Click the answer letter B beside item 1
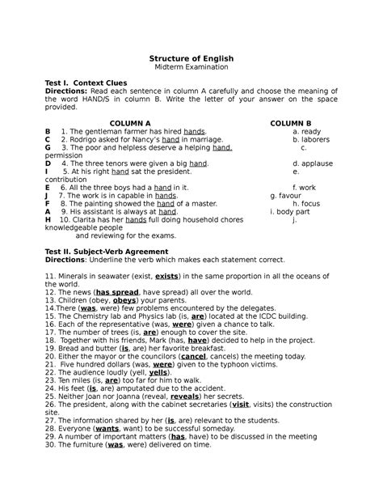48,131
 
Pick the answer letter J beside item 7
48,195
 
